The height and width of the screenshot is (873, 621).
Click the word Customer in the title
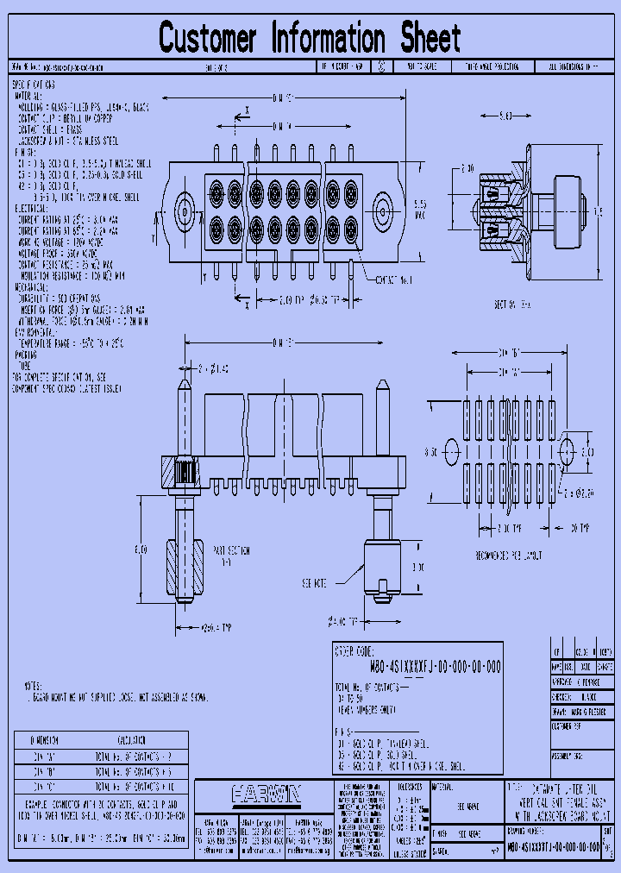point(208,39)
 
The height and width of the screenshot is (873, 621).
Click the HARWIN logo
point(264,793)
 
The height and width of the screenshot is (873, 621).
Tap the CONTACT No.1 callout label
point(394,280)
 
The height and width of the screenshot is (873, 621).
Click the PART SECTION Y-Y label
point(229,555)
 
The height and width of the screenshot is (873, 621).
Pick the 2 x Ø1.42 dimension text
point(216,369)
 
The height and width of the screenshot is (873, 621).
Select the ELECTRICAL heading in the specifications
point(32,208)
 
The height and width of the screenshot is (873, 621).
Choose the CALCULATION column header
point(137,740)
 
